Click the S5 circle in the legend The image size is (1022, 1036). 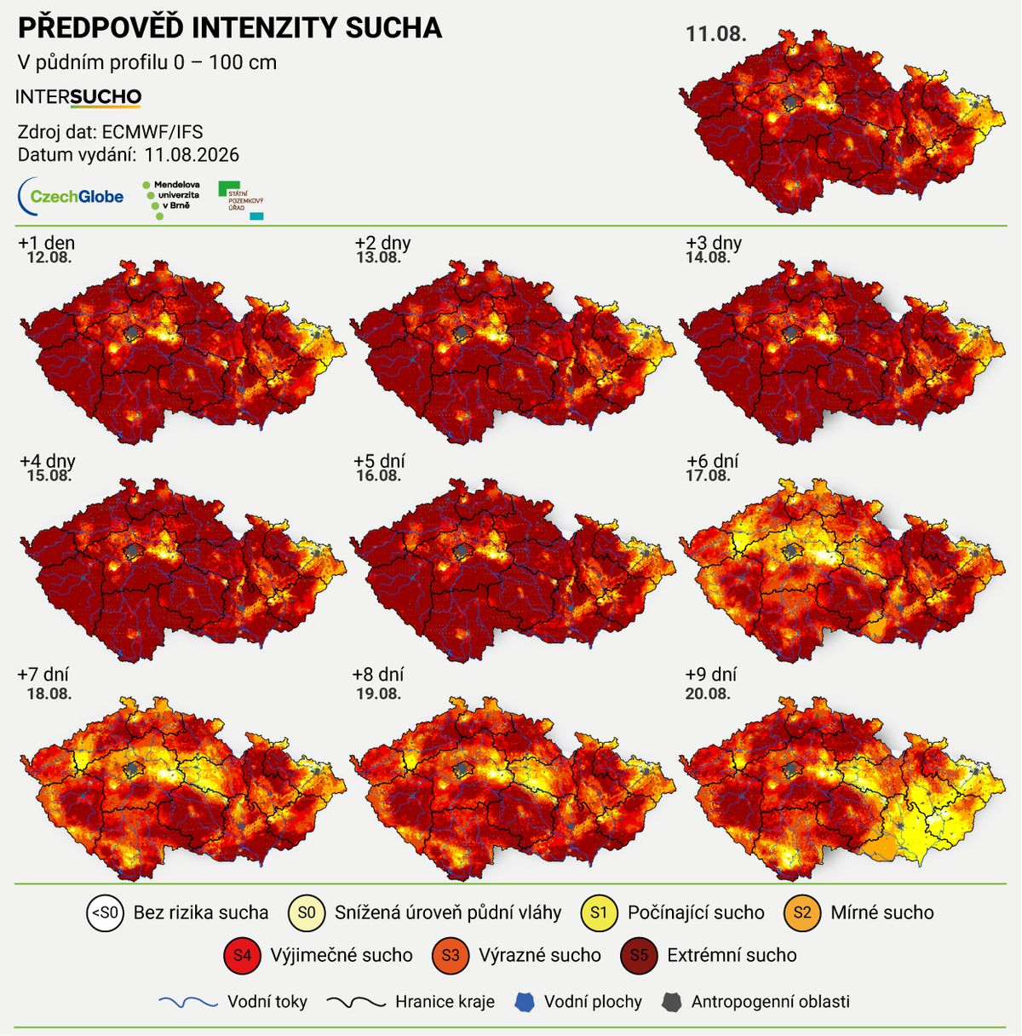tap(639, 955)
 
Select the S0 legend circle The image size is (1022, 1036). tap(307, 912)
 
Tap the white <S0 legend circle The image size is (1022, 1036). tap(106, 912)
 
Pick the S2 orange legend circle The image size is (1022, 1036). tap(802, 912)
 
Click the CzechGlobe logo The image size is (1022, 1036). tap(71, 196)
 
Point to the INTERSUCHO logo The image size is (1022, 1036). tap(78, 97)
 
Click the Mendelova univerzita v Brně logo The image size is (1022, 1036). tap(171, 199)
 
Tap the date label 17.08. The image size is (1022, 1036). tap(708, 475)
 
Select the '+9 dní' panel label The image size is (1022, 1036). tap(711, 674)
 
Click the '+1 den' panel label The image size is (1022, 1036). tap(46, 243)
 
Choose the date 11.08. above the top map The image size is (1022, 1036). tap(716, 34)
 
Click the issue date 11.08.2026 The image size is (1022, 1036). tap(192, 155)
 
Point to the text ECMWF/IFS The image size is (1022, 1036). tap(152, 132)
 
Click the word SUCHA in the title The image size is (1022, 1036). tap(393, 28)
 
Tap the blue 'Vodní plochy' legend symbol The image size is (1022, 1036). tap(524, 1002)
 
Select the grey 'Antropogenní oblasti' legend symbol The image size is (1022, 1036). tap(671, 1002)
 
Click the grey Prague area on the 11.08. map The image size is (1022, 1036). tap(791, 101)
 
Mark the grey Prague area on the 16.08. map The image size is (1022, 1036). tap(462, 550)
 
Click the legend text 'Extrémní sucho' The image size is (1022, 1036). tap(732, 955)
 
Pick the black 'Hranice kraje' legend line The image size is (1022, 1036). tap(357, 1003)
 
